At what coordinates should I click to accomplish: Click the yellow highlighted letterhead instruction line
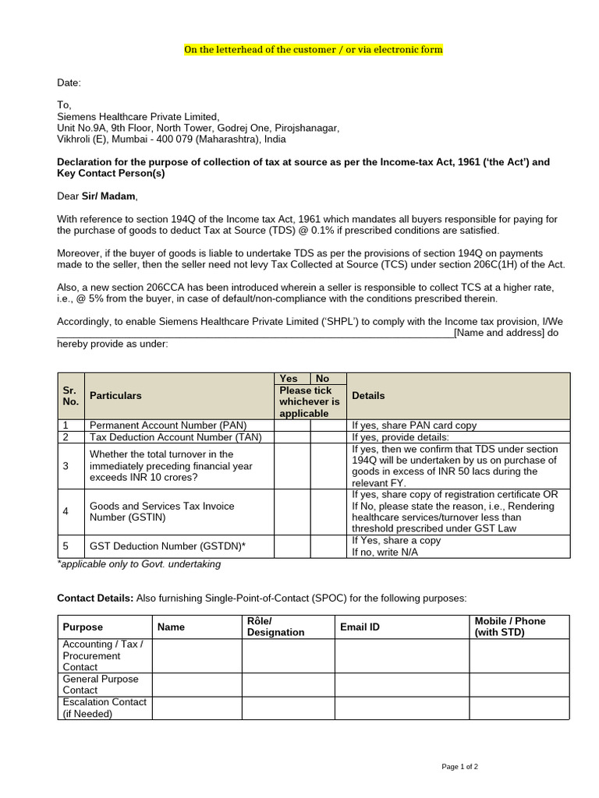pos(313,50)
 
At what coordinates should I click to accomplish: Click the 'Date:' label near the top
pos(69,83)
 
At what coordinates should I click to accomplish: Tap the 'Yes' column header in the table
pos(289,379)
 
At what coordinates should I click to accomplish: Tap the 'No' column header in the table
pos(322,379)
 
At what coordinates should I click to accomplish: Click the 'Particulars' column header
pos(115,396)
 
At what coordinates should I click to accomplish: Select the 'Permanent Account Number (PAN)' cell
pos(168,425)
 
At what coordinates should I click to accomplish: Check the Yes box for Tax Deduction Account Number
pos(292,437)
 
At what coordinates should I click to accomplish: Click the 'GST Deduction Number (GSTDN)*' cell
pos(167,546)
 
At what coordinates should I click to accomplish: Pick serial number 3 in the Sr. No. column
pos(66,465)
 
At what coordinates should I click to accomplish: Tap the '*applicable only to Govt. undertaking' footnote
pos(139,564)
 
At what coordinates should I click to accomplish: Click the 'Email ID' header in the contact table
pos(360,627)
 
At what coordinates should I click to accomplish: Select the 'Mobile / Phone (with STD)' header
pos(510,627)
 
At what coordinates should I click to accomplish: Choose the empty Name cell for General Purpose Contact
pos(197,684)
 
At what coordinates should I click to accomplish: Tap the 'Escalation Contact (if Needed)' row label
pos(104,708)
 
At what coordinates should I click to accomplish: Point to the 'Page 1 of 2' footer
pos(459,767)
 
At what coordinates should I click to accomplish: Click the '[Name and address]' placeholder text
pos(498,334)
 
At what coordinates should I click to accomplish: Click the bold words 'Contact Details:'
pos(95,598)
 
